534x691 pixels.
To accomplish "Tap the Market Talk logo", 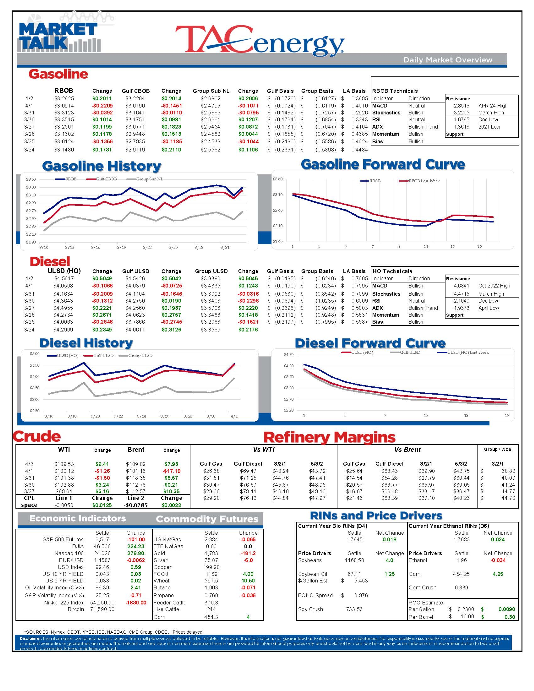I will click(59, 36).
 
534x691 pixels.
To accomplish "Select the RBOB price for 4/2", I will click(64, 98).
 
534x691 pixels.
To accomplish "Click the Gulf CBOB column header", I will click(136, 91).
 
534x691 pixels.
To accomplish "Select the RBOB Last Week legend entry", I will click(424, 181).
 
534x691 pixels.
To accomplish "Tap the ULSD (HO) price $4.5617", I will click(64, 278).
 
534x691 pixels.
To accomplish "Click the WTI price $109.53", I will click(64, 464).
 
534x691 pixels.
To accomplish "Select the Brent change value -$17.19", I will click(171, 471).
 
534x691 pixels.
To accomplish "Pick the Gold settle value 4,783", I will click(211, 553).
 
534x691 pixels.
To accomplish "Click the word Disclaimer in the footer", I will click(30, 638).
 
